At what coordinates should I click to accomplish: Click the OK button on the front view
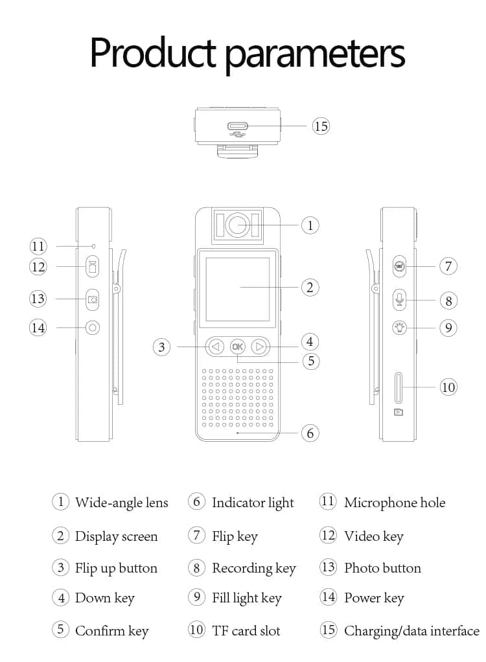[x=237, y=347]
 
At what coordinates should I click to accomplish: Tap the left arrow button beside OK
[x=216, y=347]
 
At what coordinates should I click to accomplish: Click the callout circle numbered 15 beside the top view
[x=321, y=126]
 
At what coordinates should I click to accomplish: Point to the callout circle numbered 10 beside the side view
[x=448, y=387]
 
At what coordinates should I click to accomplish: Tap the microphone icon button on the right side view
[x=399, y=300]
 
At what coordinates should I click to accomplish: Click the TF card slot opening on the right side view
[x=398, y=387]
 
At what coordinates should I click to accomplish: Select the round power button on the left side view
[x=93, y=328]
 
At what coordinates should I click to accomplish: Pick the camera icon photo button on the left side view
[x=93, y=299]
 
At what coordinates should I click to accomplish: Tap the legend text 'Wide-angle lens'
[x=122, y=503]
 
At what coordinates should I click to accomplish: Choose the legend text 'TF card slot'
[x=246, y=631]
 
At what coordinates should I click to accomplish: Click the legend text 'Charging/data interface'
[x=411, y=631]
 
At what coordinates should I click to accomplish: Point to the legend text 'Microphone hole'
[x=395, y=503]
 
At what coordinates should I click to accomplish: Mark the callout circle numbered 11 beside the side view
[x=38, y=246]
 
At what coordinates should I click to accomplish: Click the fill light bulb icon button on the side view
[x=399, y=328]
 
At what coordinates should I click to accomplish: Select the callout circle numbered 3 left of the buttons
[x=161, y=347]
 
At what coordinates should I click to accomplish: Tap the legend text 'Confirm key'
[x=112, y=631]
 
